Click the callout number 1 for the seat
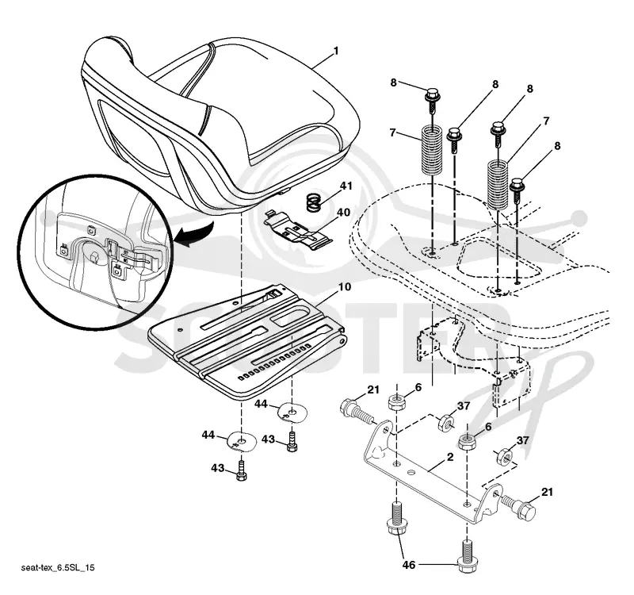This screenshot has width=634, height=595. click(335, 52)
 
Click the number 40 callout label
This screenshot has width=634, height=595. click(343, 212)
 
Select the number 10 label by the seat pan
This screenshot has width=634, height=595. click(345, 287)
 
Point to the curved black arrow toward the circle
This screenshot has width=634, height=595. click(196, 236)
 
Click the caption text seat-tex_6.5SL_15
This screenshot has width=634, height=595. click(58, 568)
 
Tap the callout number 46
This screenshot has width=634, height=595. click(409, 564)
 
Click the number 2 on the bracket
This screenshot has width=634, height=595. click(450, 457)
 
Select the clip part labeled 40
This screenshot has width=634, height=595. click(298, 229)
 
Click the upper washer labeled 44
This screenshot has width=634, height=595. click(292, 412)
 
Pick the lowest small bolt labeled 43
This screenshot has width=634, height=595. click(241, 471)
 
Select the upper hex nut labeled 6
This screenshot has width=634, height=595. click(396, 402)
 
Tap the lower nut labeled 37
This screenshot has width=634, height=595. click(505, 457)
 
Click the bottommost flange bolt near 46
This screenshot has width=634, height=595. click(467, 557)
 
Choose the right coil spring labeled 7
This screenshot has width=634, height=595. click(498, 184)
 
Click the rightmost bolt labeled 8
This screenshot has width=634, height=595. click(518, 190)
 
